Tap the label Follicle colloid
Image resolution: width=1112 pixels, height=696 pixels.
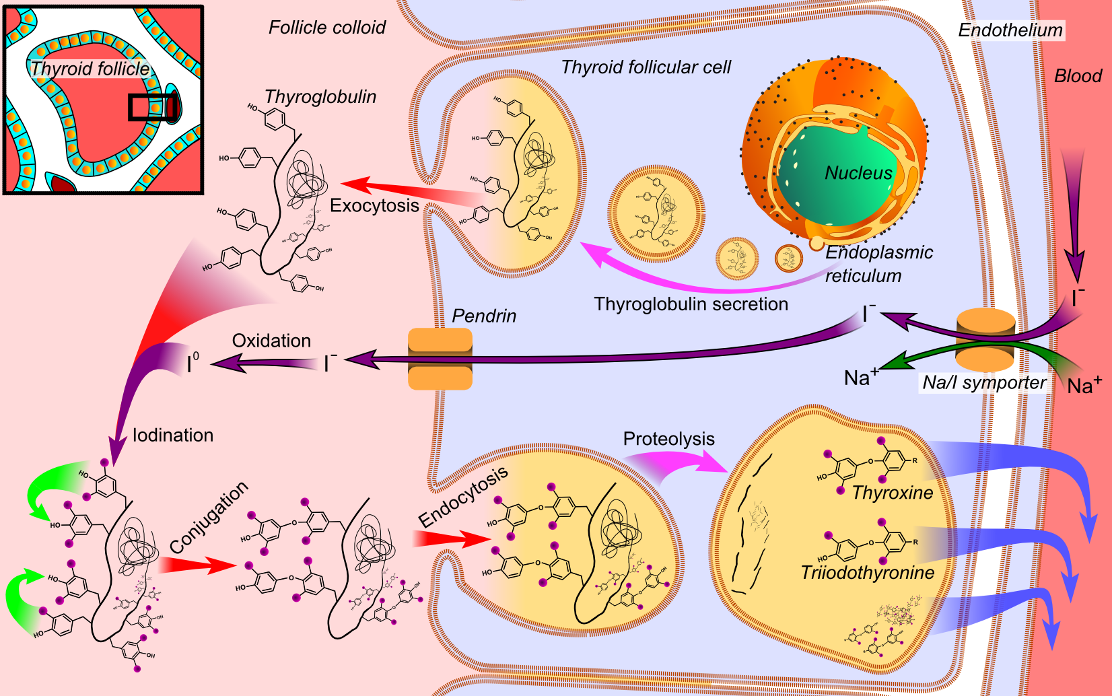(x=327, y=28)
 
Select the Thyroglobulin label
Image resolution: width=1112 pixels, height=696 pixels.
(x=320, y=97)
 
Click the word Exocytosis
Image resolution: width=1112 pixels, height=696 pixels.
(x=374, y=205)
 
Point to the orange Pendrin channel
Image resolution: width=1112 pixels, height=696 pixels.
(x=440, y=358)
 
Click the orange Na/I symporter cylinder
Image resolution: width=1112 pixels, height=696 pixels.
(x=985, y=341)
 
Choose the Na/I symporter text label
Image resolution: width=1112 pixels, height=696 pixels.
(x=984, y=382)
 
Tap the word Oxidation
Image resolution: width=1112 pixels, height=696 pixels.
(x=271, y=341)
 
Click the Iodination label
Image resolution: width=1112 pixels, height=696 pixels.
(x=173, y=436)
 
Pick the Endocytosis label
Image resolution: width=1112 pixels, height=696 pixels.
(x=463, y=497)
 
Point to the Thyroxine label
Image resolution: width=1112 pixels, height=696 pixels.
(x=893, y=493)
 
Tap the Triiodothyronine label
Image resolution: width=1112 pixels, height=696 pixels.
(x=868, y=573)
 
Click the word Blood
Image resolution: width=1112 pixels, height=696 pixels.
(x=1078, y=76)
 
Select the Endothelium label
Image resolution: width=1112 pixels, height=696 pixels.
(x=1010, y=30)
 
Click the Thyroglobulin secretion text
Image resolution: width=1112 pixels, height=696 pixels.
(x=691, y=304)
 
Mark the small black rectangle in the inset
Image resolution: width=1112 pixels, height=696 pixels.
(x=153, y=107)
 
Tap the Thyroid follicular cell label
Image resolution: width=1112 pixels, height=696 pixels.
(x=646, y=67)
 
